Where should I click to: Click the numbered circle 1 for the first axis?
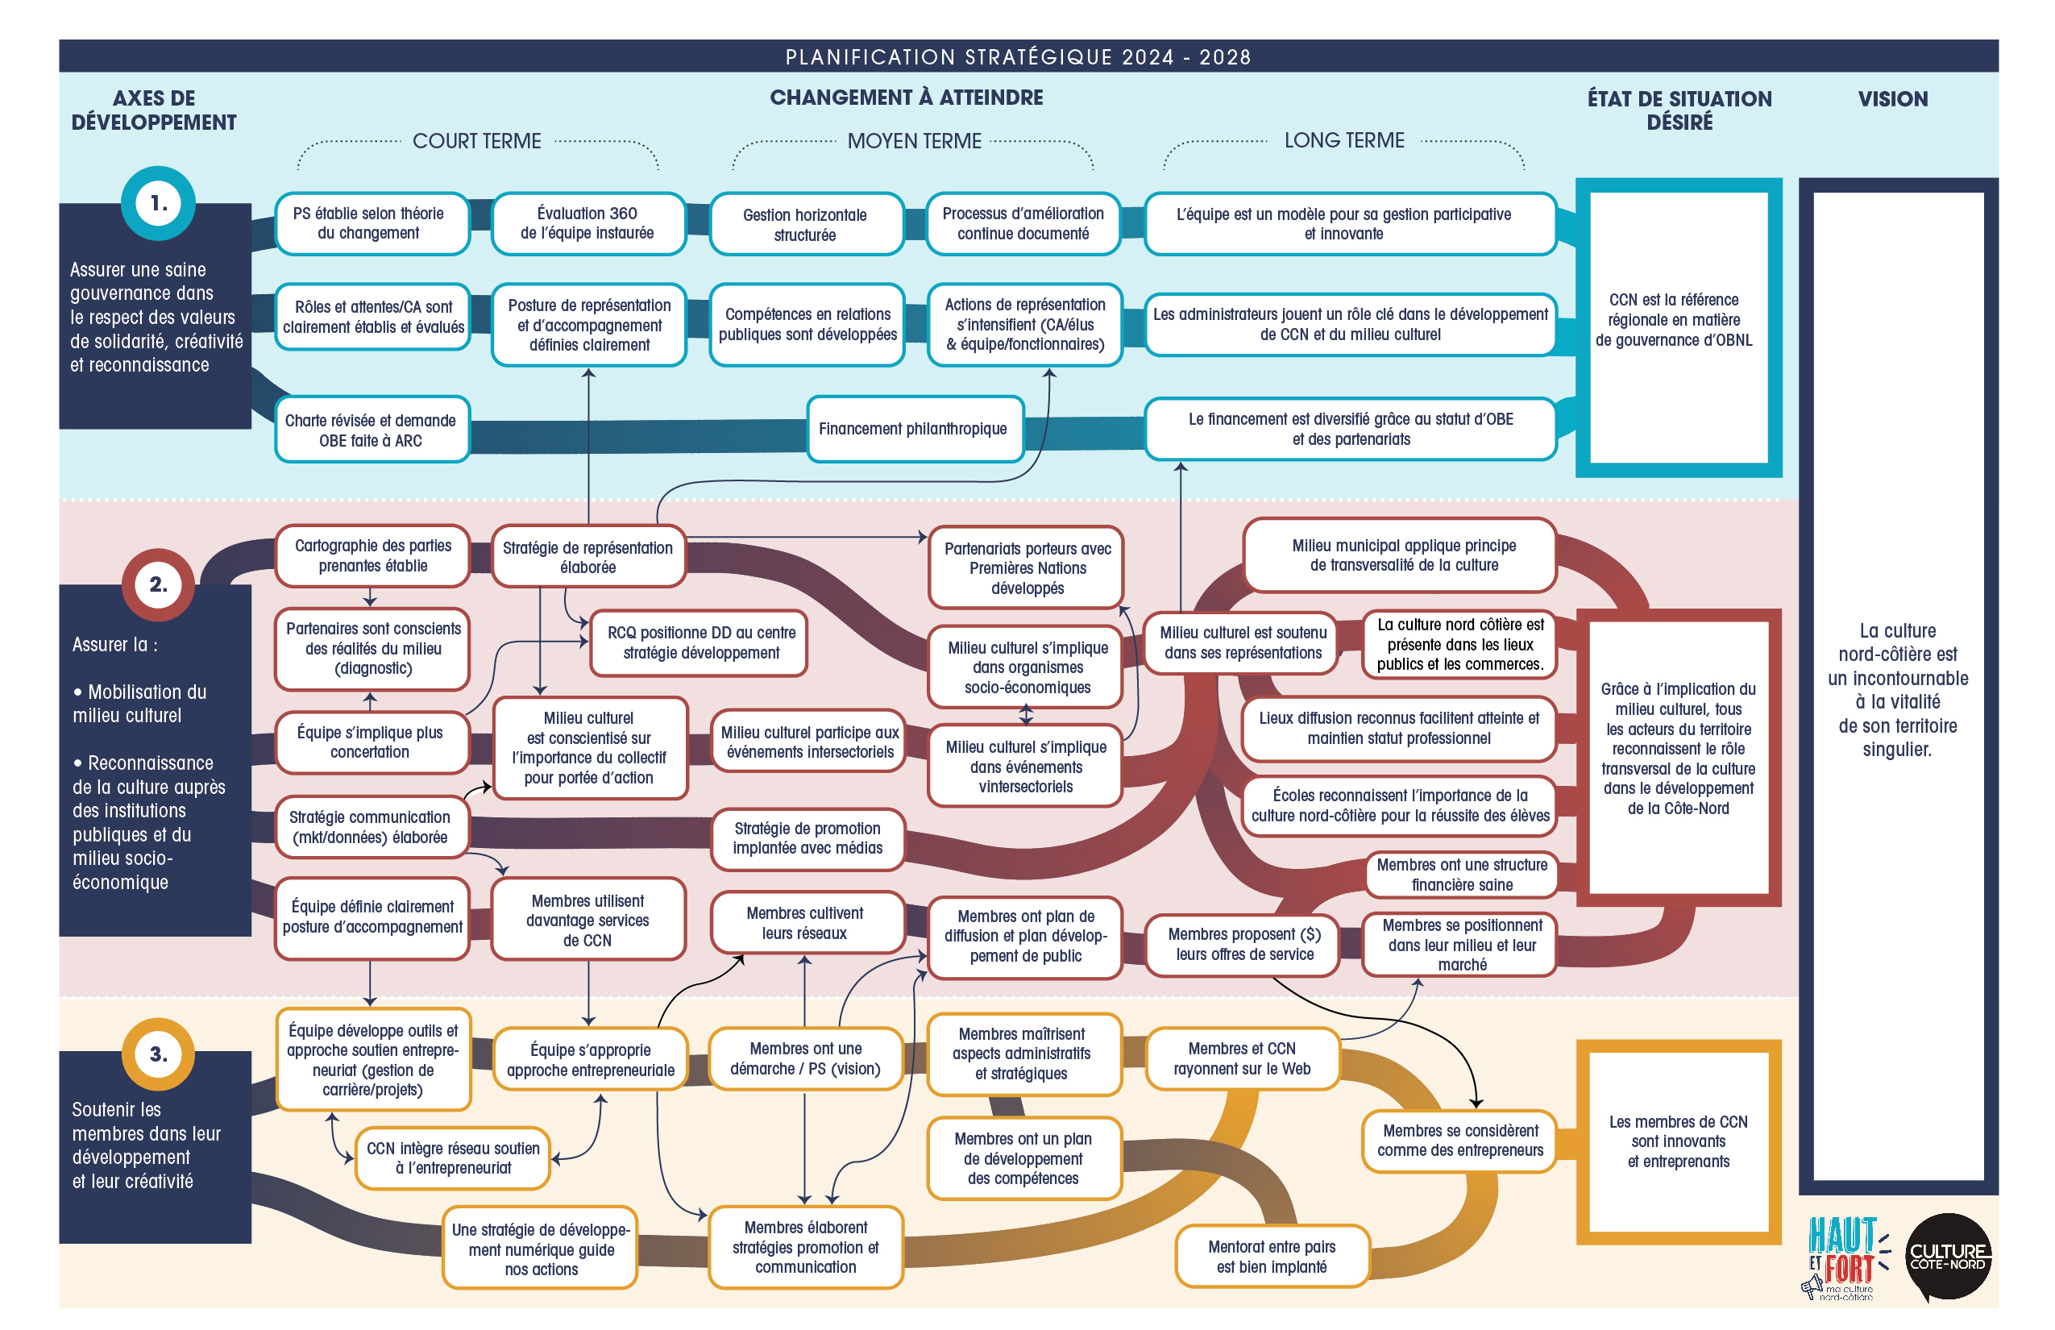tap(158, 203)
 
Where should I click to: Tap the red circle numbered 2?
tap(158, 584)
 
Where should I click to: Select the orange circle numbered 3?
tap(158, 1054)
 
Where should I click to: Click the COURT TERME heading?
tap(476, 141)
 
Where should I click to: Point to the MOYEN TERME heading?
tap(914, 141)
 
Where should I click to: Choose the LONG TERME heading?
tap(1343, 140)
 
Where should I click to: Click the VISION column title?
tap(1892, 99)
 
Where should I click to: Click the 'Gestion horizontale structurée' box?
tap(805, 225)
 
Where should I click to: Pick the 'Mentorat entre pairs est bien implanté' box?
tap(1271, 1257)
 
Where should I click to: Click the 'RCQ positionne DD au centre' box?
tap(700, 642)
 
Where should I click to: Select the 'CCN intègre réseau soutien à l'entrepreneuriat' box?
tap(452, 1158)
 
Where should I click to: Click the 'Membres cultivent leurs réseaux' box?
tap(805, 923)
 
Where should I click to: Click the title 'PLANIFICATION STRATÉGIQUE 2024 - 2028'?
tap(1017, 57)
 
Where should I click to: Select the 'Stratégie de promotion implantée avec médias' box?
tap(807, 838)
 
